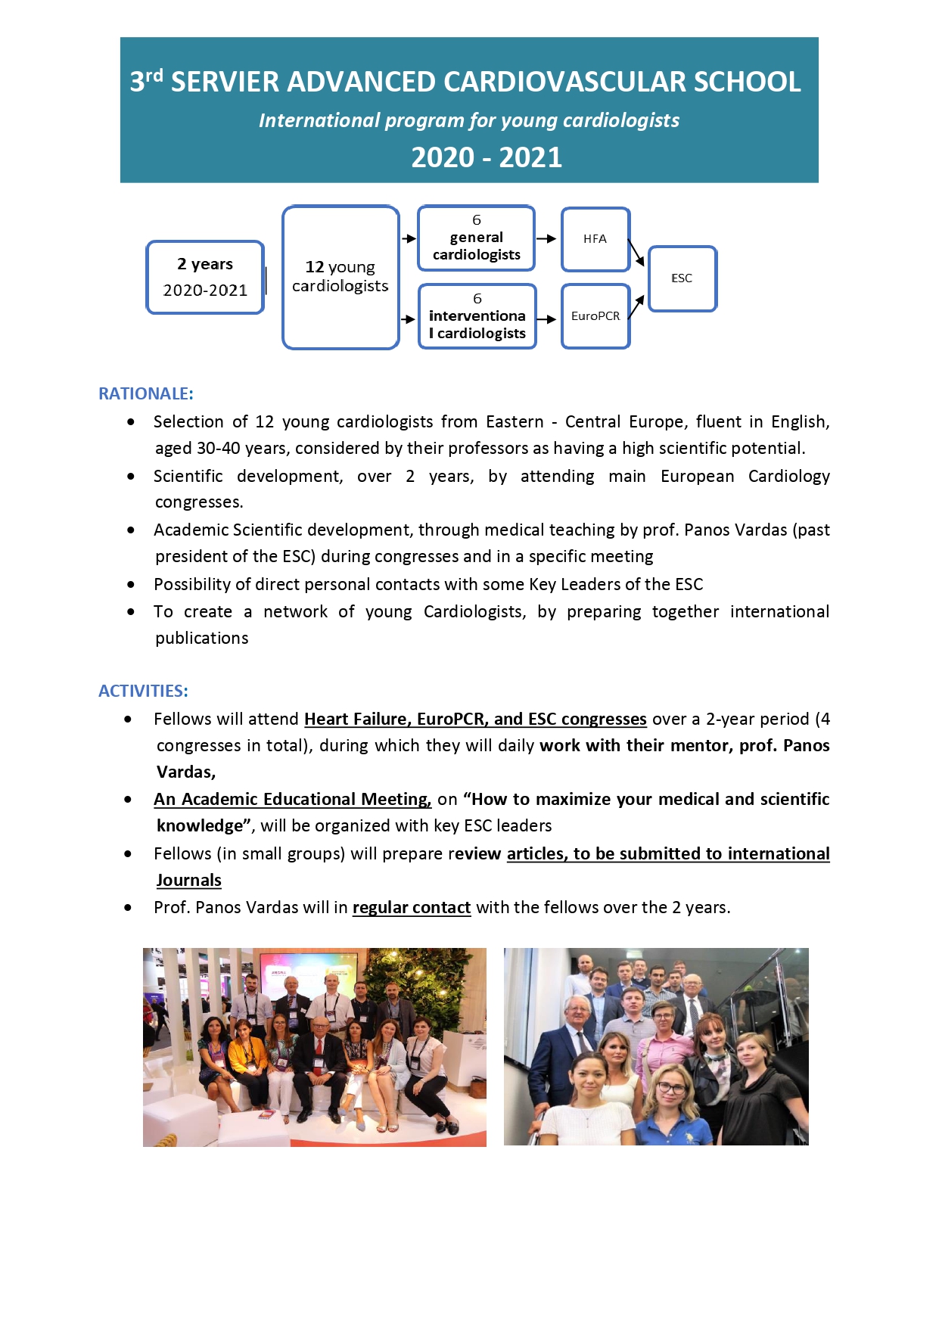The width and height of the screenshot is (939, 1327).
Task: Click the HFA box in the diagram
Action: [595, 239]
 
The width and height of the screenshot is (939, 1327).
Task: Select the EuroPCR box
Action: [595, 316]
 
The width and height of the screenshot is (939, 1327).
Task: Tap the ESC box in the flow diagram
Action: [682, 278]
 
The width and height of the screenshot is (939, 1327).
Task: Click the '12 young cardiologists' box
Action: [340, 277]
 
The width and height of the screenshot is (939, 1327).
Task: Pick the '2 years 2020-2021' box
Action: [205, 277]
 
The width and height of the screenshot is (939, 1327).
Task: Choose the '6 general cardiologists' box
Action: [476, 238]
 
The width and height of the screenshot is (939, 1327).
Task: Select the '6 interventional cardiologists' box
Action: [477, 316]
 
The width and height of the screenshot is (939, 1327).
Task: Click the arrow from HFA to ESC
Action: [636, 253]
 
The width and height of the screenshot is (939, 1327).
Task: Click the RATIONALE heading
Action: [146, 393]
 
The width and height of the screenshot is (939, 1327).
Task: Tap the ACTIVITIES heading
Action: [143, 691]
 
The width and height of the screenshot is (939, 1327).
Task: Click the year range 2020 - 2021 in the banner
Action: [487, 157]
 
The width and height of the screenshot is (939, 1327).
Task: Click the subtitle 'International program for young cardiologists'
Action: [469, 120]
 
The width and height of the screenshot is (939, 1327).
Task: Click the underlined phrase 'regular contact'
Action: [412, 907]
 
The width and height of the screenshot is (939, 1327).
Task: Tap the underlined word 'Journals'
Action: [189, 880]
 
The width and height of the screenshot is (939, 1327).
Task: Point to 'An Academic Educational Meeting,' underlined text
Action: [292, 799]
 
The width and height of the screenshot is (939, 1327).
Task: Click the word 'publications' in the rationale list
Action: [202, 638]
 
